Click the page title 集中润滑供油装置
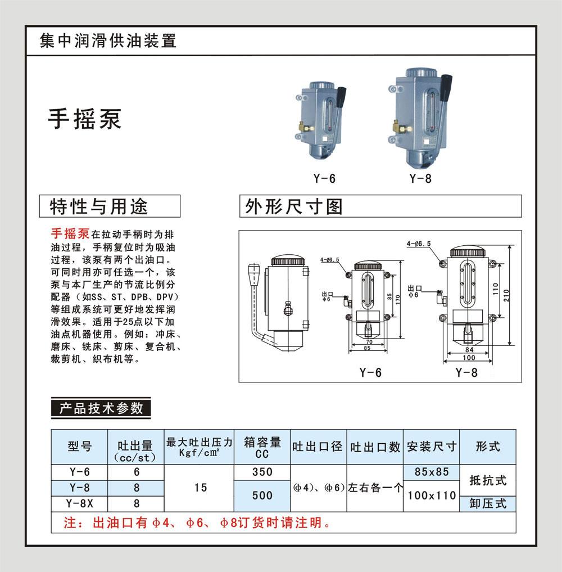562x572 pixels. [x=108, y=40]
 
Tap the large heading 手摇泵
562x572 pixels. [x=84, y=119]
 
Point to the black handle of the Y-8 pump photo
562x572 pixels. [x=446, y=86]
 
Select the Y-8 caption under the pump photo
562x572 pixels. [x=420, y=178]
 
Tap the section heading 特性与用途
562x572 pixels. [x=99, y=206]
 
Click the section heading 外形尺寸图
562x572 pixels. [x=294, y=206]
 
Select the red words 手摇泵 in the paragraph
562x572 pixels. [x=70, y=234]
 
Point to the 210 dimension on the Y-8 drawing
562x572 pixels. [x=506, y=295]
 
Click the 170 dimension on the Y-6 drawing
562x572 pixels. [x=398, y=300]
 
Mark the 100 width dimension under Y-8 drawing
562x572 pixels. [x=469, y=358]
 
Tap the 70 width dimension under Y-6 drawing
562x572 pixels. [x=369, y=342]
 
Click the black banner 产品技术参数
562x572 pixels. [x=101, y=408]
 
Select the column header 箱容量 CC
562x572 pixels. [x=262, y=447]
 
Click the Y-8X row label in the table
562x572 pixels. [x=79, y=503]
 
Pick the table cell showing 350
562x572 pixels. [x=262, y=472]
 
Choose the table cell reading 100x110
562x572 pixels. [x=432, y=496]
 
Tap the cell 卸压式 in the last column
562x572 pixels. [x=488, y=503]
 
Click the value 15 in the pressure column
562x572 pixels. [x=201, y=488]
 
